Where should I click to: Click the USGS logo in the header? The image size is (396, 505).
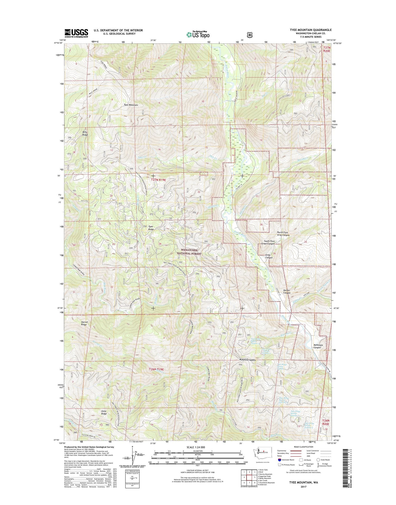pyautogui.click(x=76, y=33)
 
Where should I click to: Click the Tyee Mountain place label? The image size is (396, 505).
pyautogui.click(x=131, y=105)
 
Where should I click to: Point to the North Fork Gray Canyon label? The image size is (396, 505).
pyautogui.click(x=283, y=234)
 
